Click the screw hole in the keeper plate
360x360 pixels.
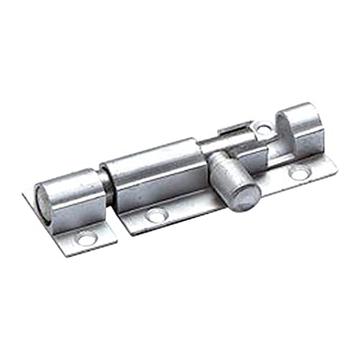pyautogui.click(x=87, y=238)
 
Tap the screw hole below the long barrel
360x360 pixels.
pyautogui.click(x=156, y=215)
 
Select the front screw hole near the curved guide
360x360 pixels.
pyautogui.click(x=297, y=174)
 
